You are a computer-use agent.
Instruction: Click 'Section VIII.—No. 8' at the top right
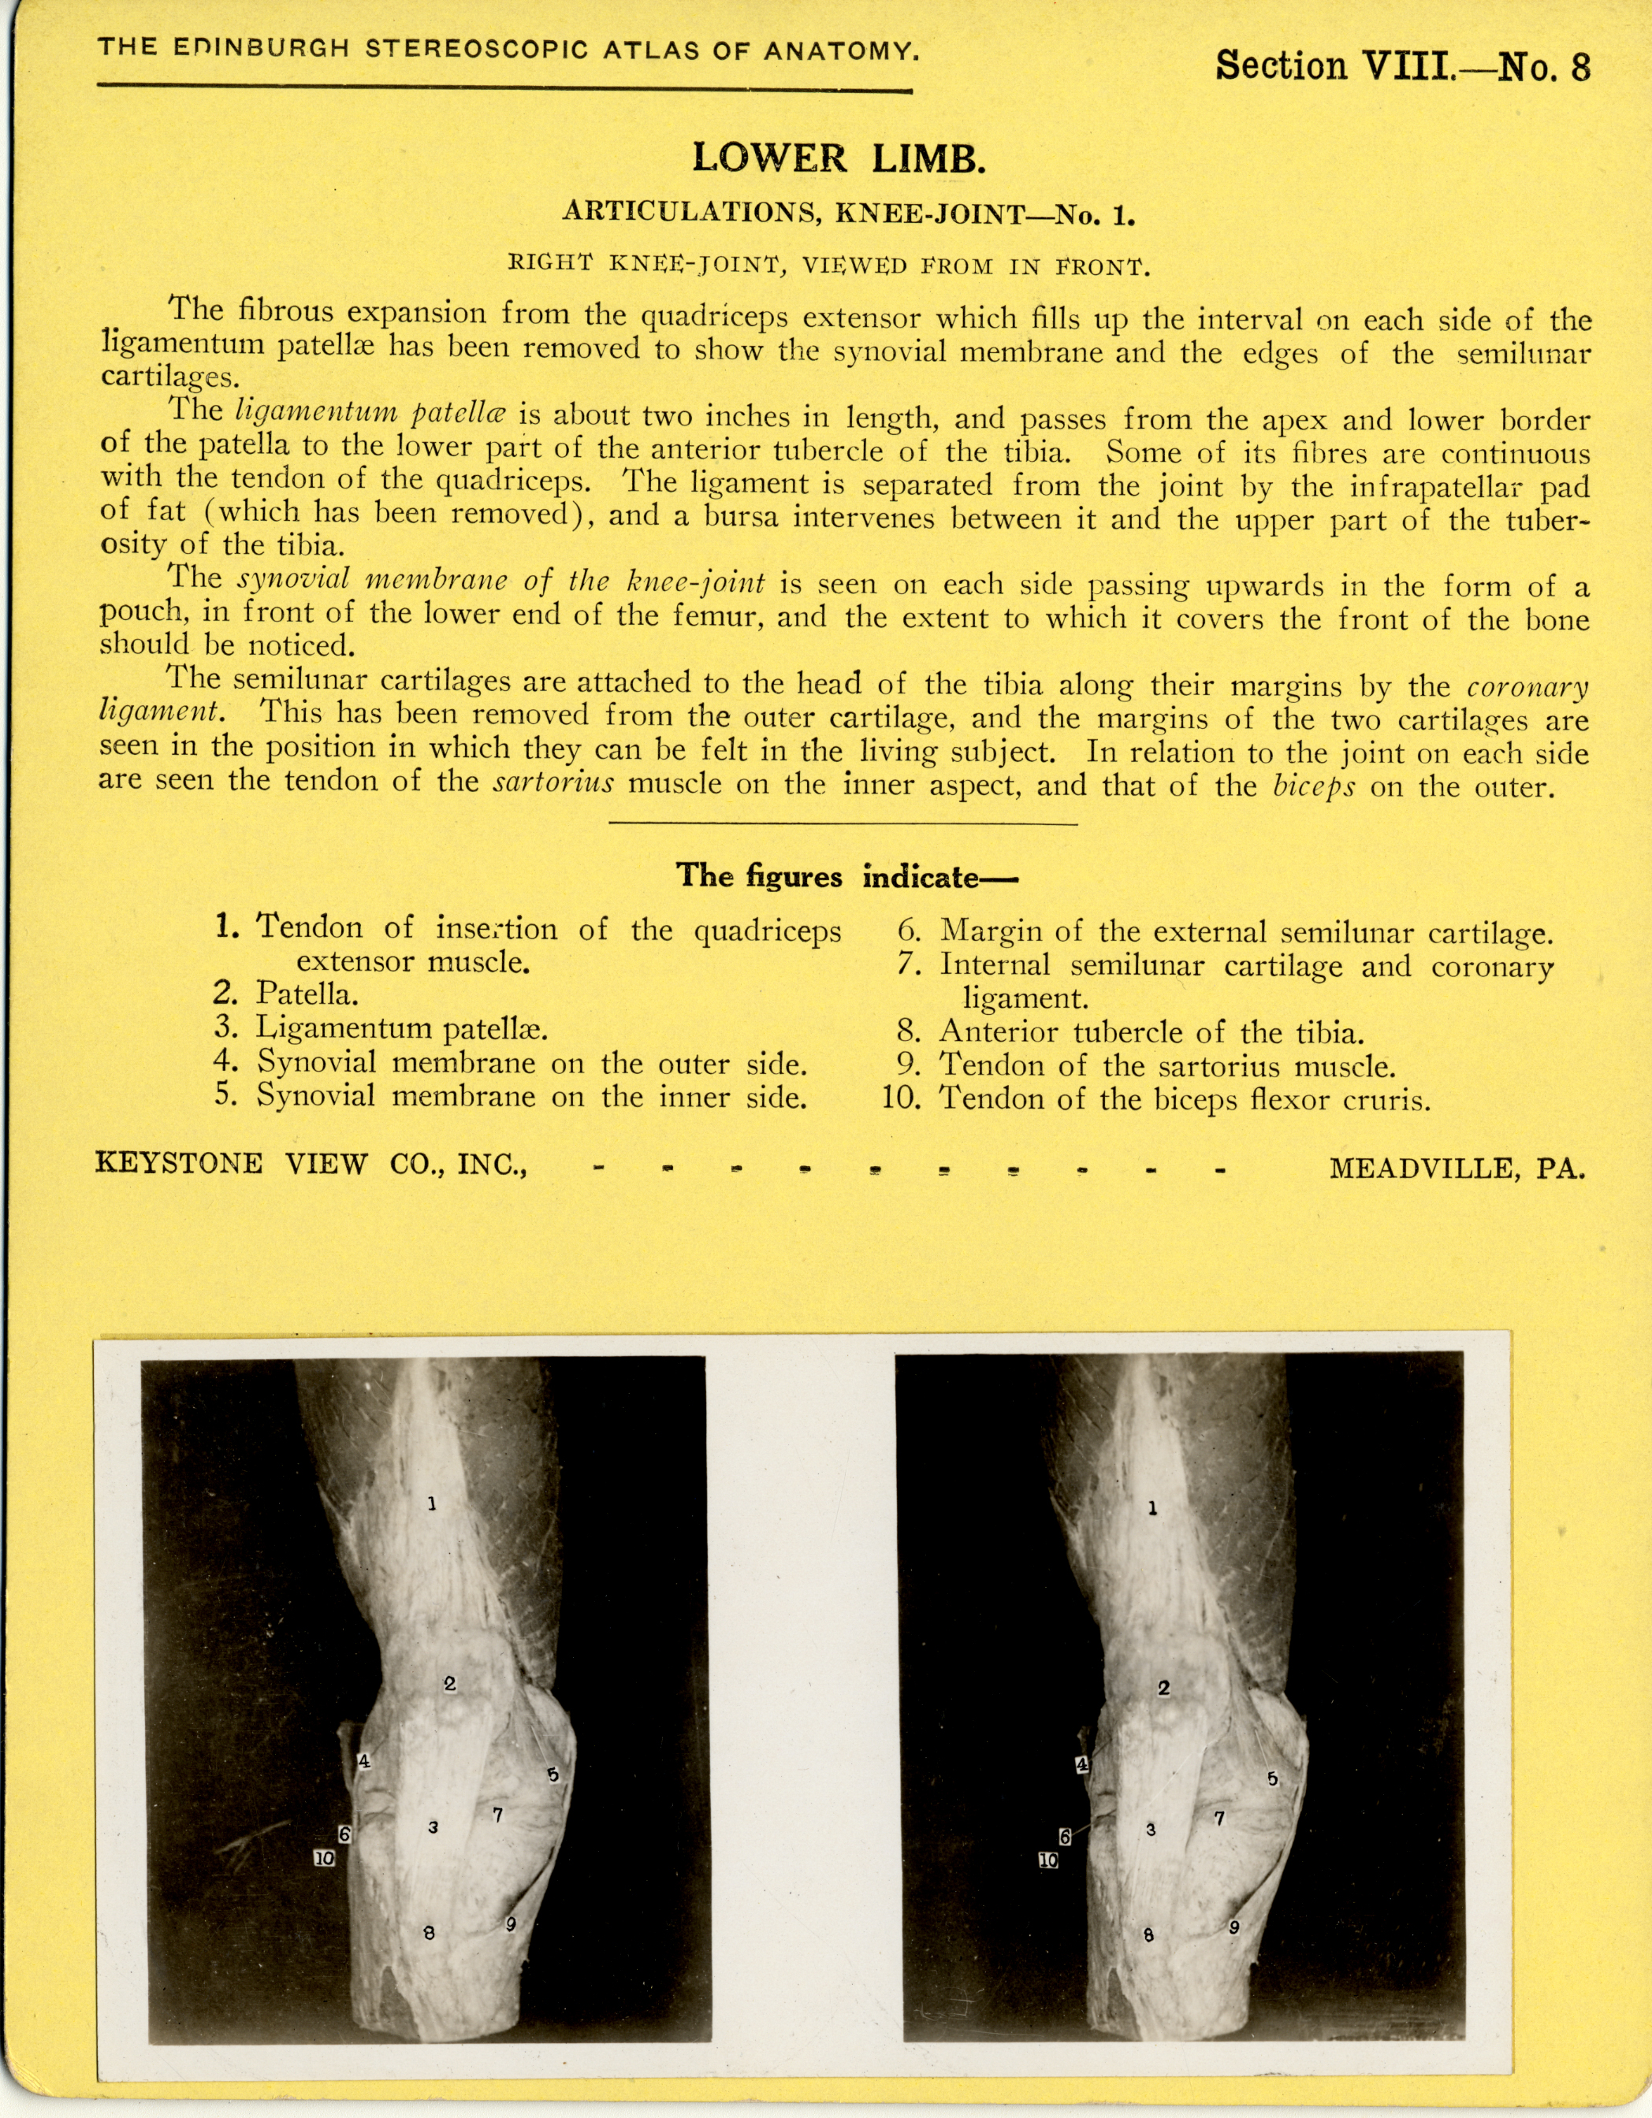pyautogui.click(x=1403, y=66)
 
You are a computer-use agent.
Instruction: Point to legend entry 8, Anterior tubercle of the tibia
pyautogui.click(x=1131, y=1032)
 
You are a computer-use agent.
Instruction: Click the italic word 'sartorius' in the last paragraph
pyautogui.click(x=553, y=782)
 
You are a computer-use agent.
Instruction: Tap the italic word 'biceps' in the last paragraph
pyautogui.click(x=1313, y=785)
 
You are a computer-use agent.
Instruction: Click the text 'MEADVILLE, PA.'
pyautogui.click(x=1457, y=1168)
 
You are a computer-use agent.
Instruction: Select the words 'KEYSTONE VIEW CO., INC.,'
pyautogui.click(x=311, y=1164)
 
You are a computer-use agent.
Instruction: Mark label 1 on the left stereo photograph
pyautogui.click(x=432, y=1504)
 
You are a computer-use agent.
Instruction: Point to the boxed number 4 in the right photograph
pyautogui.click(x=1083, y=1765)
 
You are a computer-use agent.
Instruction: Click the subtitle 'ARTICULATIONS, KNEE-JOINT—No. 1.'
pyautogui.click(x=849, y=213)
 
